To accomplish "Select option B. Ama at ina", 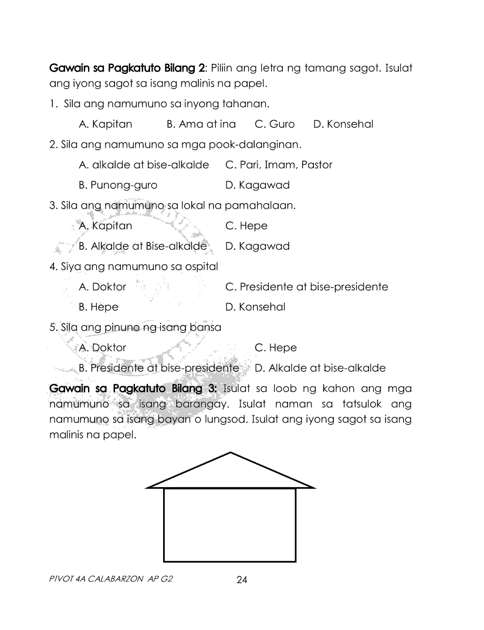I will [201, 124].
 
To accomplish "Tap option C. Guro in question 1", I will [275, 124].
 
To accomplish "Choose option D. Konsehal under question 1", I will [343, 124].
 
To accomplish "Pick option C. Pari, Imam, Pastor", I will [279, 165].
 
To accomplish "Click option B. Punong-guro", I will [118, 185].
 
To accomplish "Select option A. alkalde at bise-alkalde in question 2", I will [144, 165].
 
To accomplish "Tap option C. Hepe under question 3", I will [246, 226].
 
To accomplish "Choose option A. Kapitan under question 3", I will [106, 226].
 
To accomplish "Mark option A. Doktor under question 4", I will [102, 287].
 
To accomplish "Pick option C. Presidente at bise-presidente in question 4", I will [306, 287].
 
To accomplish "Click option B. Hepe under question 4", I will [99, 307].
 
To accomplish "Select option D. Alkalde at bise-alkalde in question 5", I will [320, 368].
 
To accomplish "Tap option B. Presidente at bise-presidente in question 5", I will [158, 368].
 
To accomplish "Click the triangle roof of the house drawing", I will [230, 474].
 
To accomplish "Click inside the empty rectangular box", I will [229, 525].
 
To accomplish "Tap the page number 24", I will [242, 580].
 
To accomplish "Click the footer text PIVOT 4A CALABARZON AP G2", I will [111, 579].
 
